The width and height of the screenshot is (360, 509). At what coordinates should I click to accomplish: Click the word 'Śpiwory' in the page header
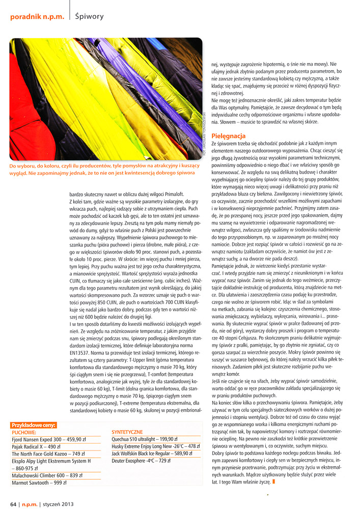click(x=89, y=17)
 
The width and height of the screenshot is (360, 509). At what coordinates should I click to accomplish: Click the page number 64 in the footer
click(x=14, y=504)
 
